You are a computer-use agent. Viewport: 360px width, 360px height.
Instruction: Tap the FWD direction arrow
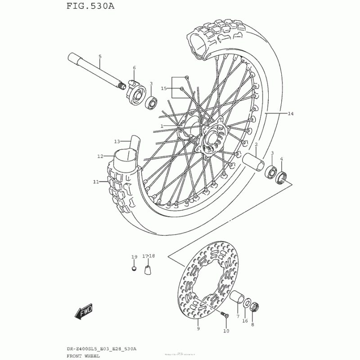84,311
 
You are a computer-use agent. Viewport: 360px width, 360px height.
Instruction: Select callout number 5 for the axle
100,56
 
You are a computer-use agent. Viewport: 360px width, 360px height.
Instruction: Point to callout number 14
291,114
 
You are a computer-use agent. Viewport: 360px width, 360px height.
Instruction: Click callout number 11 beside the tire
95,182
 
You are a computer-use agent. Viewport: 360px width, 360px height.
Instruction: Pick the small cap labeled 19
134,269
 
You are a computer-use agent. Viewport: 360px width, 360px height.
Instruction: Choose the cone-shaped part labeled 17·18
148,270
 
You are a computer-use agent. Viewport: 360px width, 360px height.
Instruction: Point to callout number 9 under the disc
198,329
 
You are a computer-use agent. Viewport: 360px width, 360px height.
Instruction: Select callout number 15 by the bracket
164,89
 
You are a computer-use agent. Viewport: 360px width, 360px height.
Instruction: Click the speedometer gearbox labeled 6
134,87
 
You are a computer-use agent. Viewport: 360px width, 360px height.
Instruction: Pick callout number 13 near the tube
117,141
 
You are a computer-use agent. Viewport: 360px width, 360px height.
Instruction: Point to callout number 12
100,157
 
